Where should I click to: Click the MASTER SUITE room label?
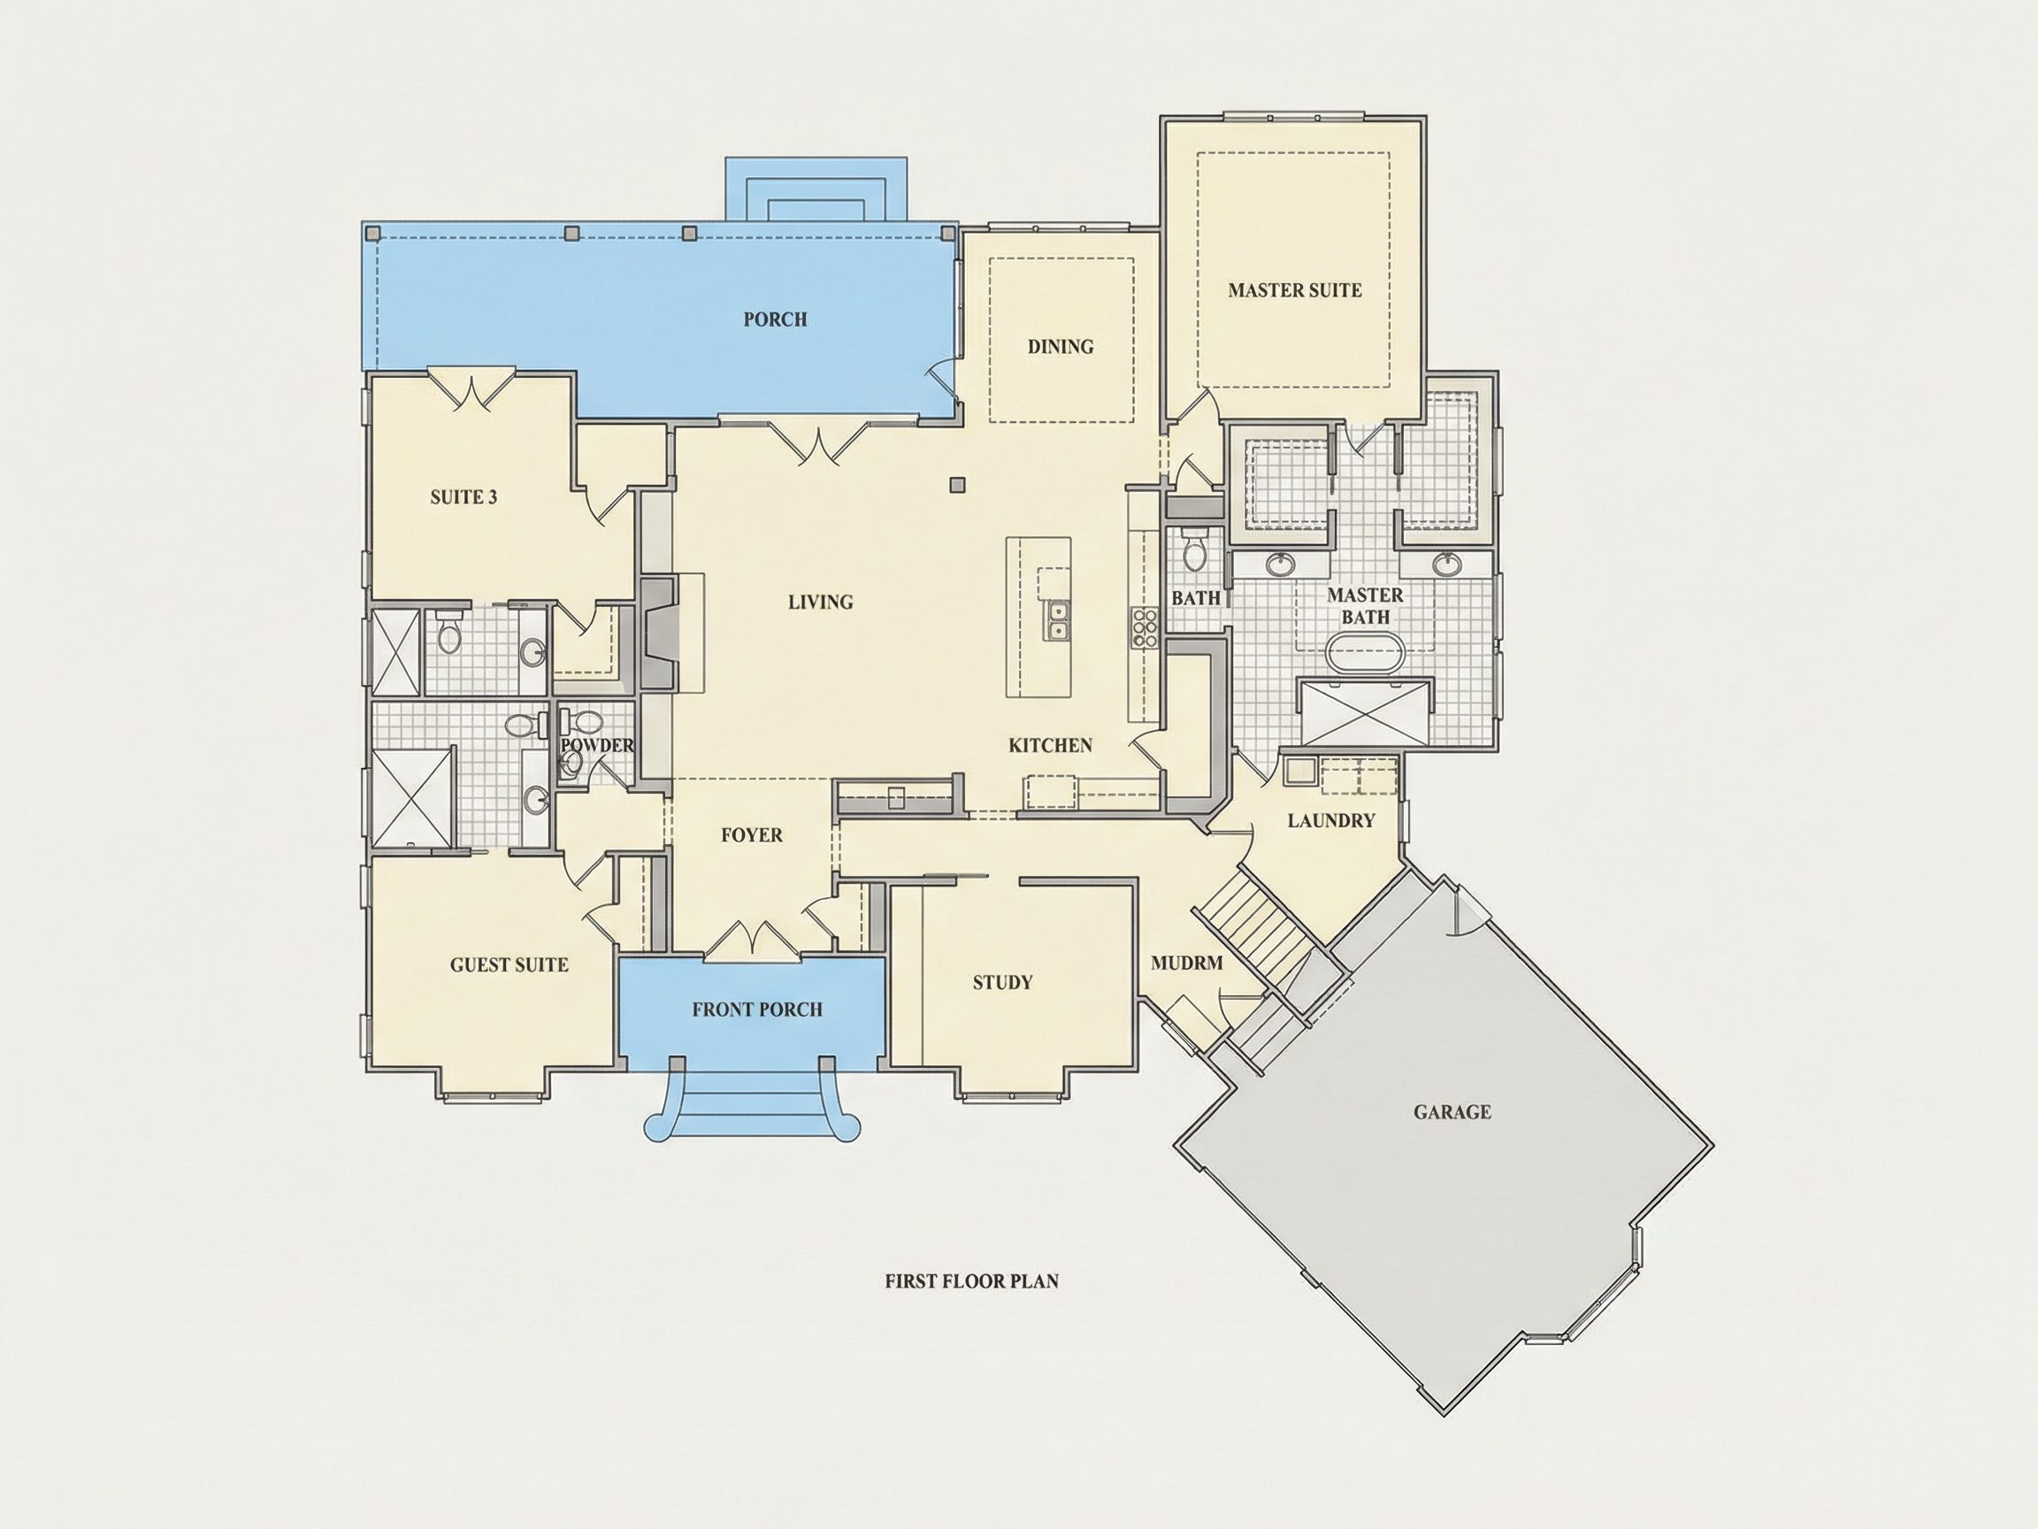pos(1294,290)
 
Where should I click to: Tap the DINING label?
pos(1061,347)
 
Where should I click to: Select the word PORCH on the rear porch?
pos(775,319)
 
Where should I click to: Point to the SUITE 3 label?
pos(464,497)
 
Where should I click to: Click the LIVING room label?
pos(820,602)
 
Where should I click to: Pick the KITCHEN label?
pos(1050,745)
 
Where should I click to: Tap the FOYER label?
pos(752,835)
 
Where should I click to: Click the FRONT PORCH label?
pos(757,1010)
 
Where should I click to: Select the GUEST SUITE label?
pos(509,965)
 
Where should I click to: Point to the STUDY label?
pos(1002,982)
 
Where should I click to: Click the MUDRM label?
pos(1187,963)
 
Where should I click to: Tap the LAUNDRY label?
pos(1331,820)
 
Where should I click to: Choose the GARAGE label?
pos(1452,1112)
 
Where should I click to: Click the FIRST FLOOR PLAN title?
pos(972,1281)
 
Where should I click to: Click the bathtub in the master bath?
pos(1365,656)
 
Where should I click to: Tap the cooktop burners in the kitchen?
pos(1144,627)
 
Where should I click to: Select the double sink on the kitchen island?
pos(1057,619)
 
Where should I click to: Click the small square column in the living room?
pos(958,484)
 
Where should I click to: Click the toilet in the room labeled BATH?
pos(1194,551)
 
